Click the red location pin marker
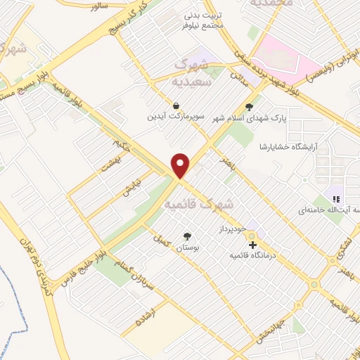[181, 165]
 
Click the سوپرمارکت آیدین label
[169, 117]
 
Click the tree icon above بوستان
[187, 237]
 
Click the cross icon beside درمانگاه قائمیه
[253, 245]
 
